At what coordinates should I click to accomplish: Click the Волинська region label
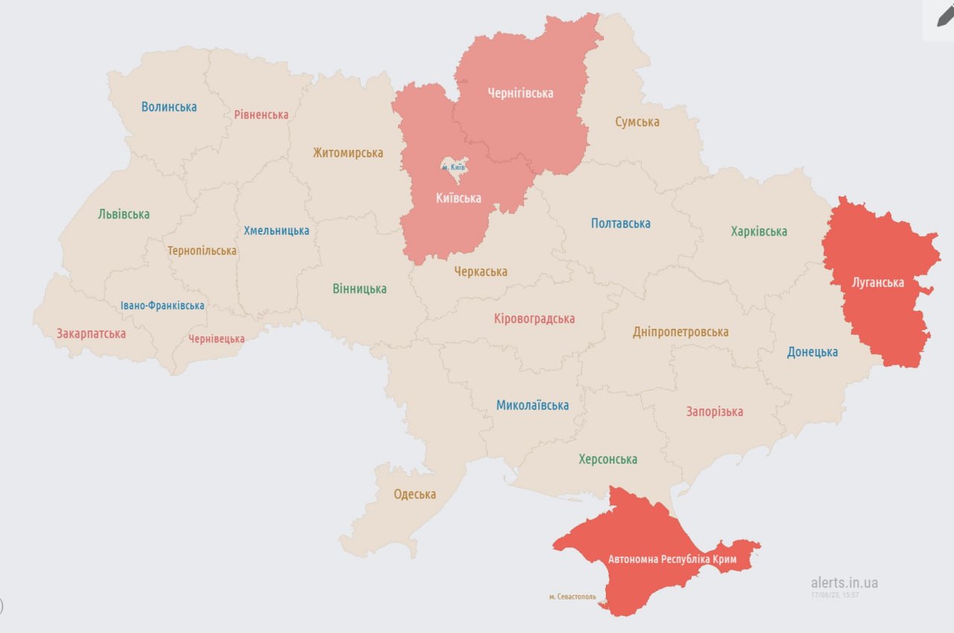pos(169,107)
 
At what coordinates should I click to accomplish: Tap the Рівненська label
pos(261,115)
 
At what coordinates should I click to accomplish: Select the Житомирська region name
pos(348,153)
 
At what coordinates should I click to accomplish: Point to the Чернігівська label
pos(520,93)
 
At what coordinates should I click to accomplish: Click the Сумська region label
pos(637,122)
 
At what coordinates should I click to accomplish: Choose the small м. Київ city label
pos(453,167)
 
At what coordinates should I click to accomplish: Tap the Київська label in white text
pos(458,198)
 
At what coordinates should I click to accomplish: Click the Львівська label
pos(124,214)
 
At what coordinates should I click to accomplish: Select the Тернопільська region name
pos(202,251)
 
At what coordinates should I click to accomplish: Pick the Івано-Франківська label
pos(162,306)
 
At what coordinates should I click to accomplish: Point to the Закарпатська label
pos(91,333)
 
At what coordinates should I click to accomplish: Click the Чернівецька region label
pos(216,339)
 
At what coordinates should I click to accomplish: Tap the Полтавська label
pos(620,223)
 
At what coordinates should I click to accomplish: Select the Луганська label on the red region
pos(878,283)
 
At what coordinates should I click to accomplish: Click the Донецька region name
pos(812,352)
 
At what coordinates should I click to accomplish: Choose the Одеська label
pos(415,494)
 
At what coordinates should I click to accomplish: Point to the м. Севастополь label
pos(572,596)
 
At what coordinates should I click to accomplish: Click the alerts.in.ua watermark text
pos(844,583)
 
